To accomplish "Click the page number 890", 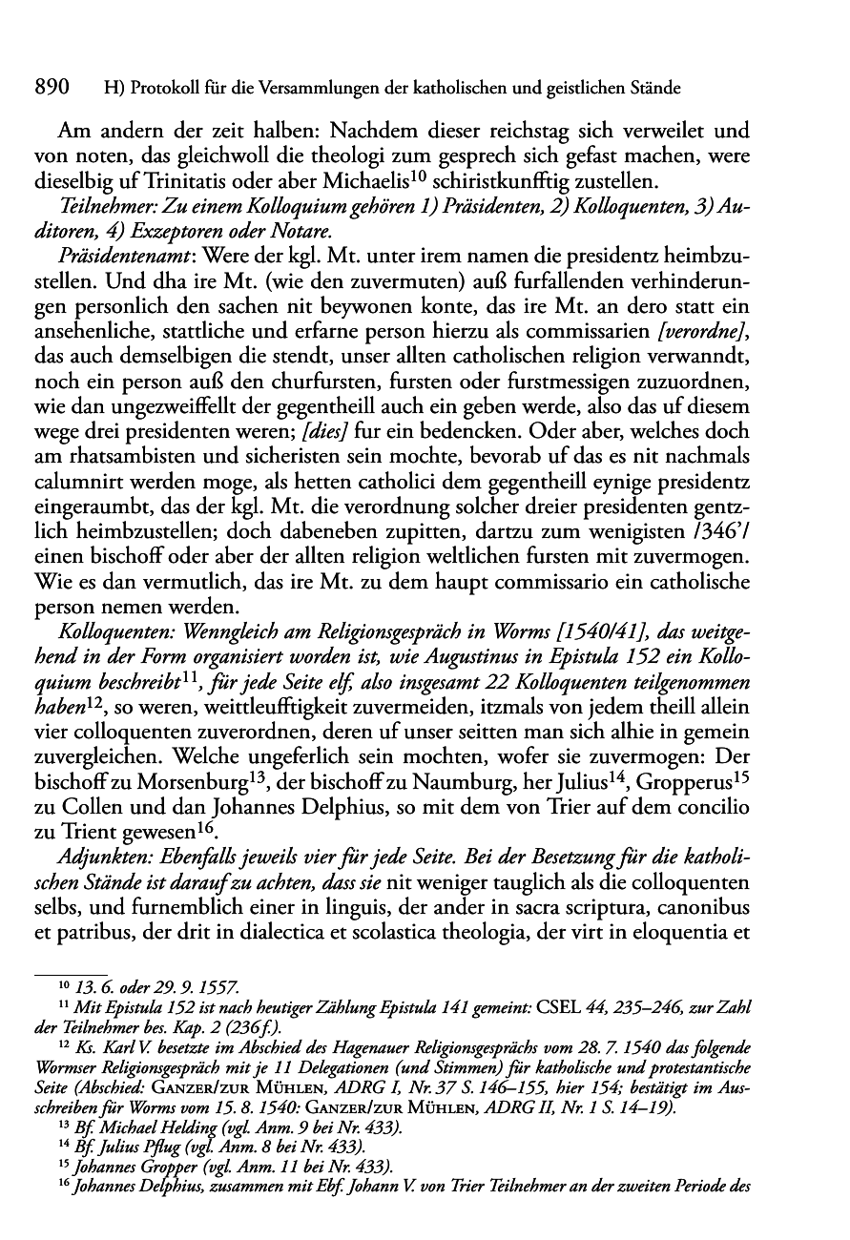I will [x=53, y=89].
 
